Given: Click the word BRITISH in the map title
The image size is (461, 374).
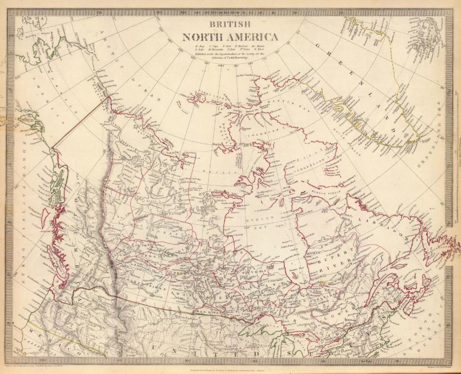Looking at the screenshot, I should coord(229,24).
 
